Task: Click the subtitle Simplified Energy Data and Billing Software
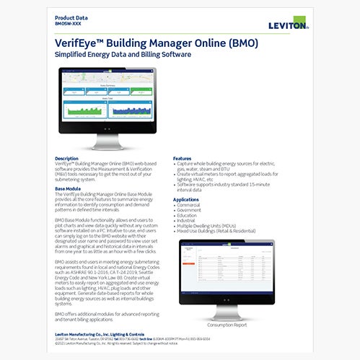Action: (x=122, y=55)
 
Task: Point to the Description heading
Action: (x=66, y=158)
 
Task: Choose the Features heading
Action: (x=183, y=158)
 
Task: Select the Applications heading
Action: (x=186, y=199)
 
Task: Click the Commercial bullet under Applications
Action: (x=191, y=205)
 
